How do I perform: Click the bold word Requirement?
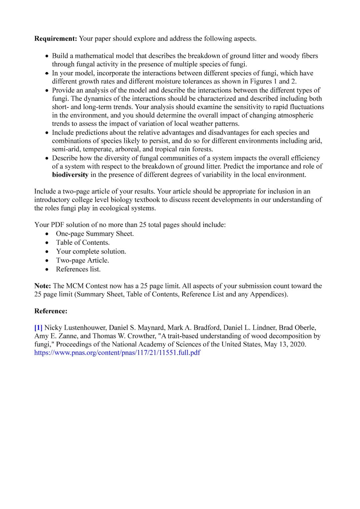tap(56, 39)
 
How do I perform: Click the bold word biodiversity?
tap(70, 175)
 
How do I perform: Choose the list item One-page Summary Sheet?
tap(95, 234)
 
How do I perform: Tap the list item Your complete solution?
tap(91, 251)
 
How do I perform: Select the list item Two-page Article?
tap(82, 260)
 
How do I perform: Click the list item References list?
tap(78, 269)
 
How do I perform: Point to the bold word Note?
tap(43, 286)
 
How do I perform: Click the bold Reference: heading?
tap(51, 311)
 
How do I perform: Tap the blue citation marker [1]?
tap(38, 328)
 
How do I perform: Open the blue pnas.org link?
tap(117, 353)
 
